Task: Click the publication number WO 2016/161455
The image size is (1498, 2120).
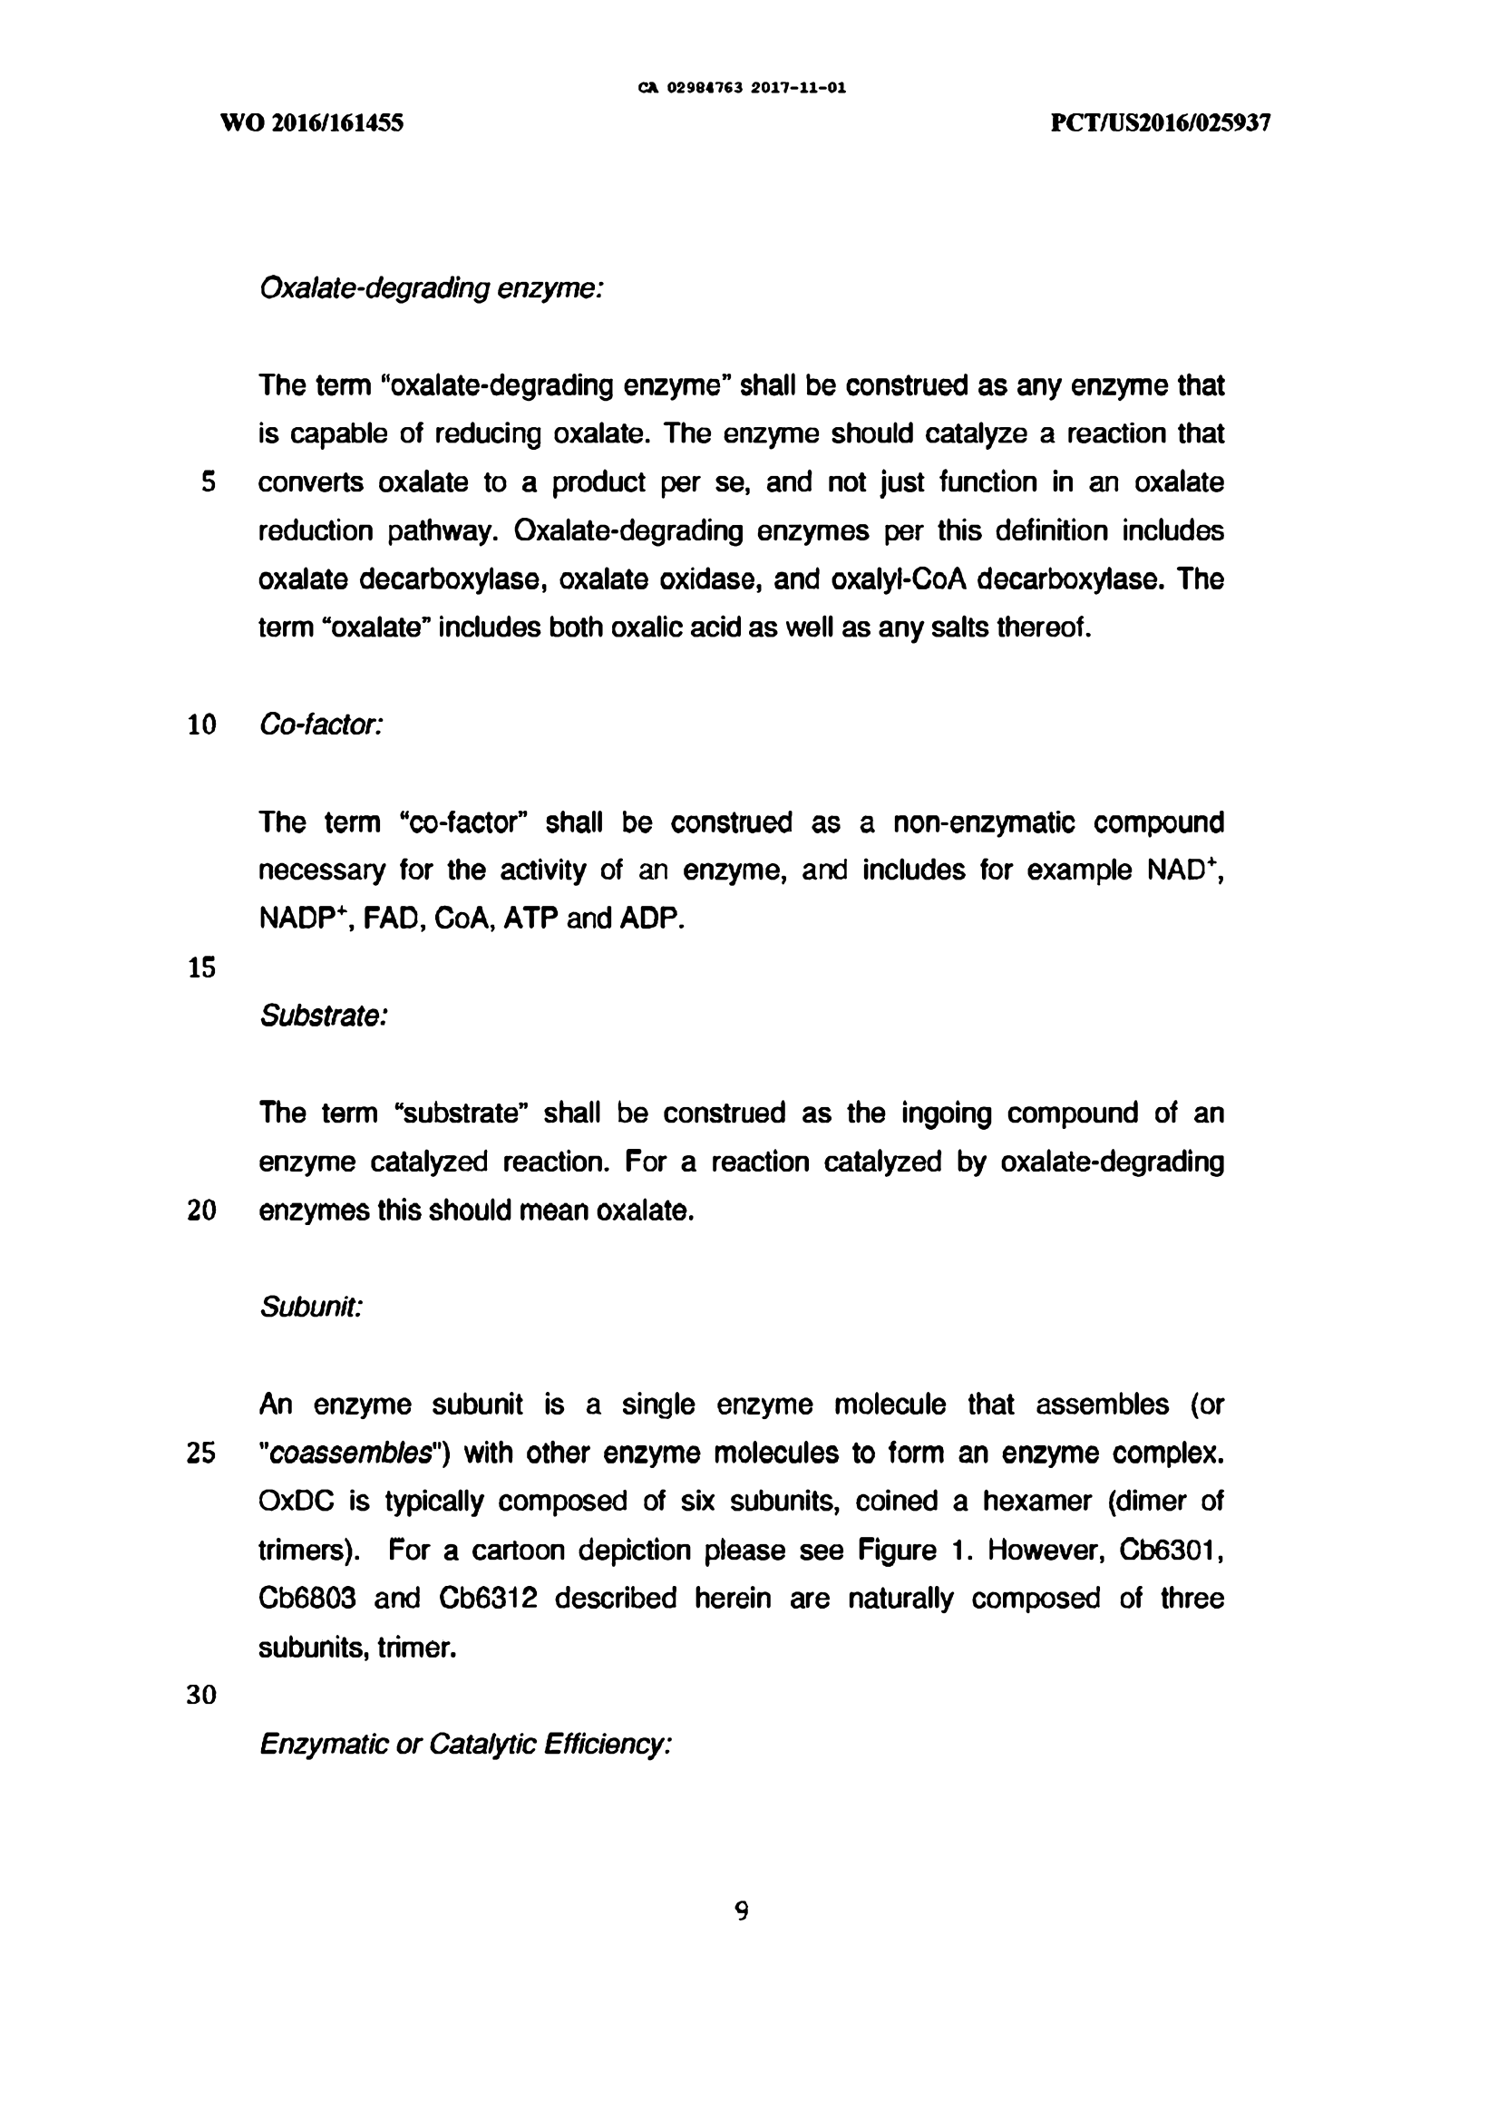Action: [x=311, y=122]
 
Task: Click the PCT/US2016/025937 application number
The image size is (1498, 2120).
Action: [x=1160, y=122]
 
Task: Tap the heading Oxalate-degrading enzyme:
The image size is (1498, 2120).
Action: [x=432, y=289]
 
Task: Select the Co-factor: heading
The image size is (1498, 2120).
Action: [x=320, y=724]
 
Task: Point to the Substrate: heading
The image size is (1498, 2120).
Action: [x=323, y=1016]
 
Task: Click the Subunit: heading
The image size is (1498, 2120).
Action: [x=311, y=1307]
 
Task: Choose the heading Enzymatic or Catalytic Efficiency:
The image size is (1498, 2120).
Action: [x=464, y=1745]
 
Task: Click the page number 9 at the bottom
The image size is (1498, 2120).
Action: [x=741, y=1911]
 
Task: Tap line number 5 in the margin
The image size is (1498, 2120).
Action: [x=208, y=482]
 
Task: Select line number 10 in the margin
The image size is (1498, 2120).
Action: [x=201, y=724]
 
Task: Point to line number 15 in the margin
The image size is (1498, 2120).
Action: [x=201, y=968]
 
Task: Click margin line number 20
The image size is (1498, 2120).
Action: [x=201, y=1211]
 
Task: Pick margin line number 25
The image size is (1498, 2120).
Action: [x=201, y=1454]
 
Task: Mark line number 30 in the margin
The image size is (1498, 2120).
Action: [x=201, y=1696]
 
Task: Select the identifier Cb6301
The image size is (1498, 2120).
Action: [x=1171, y=1550]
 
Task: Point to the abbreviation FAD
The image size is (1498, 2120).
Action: [x=393, y=919]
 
